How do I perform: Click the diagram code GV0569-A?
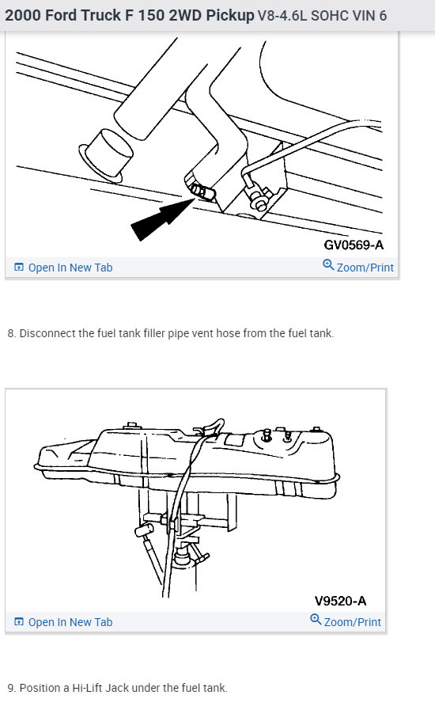point(354,245)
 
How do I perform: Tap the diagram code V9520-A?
point(340,601)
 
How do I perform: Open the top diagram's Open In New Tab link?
point(70,268)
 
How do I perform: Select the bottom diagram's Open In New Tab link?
point(70,622)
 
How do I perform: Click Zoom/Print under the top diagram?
point(365,268)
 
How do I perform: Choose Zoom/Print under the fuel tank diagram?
point(352,622)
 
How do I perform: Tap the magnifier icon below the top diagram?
point(328,265)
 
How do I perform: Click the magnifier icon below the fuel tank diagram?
point(316,620)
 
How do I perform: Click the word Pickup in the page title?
point(230,15)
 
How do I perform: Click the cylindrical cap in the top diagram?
point(106,155)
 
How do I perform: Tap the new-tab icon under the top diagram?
point(19,268)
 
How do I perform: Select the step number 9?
point(11,688)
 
